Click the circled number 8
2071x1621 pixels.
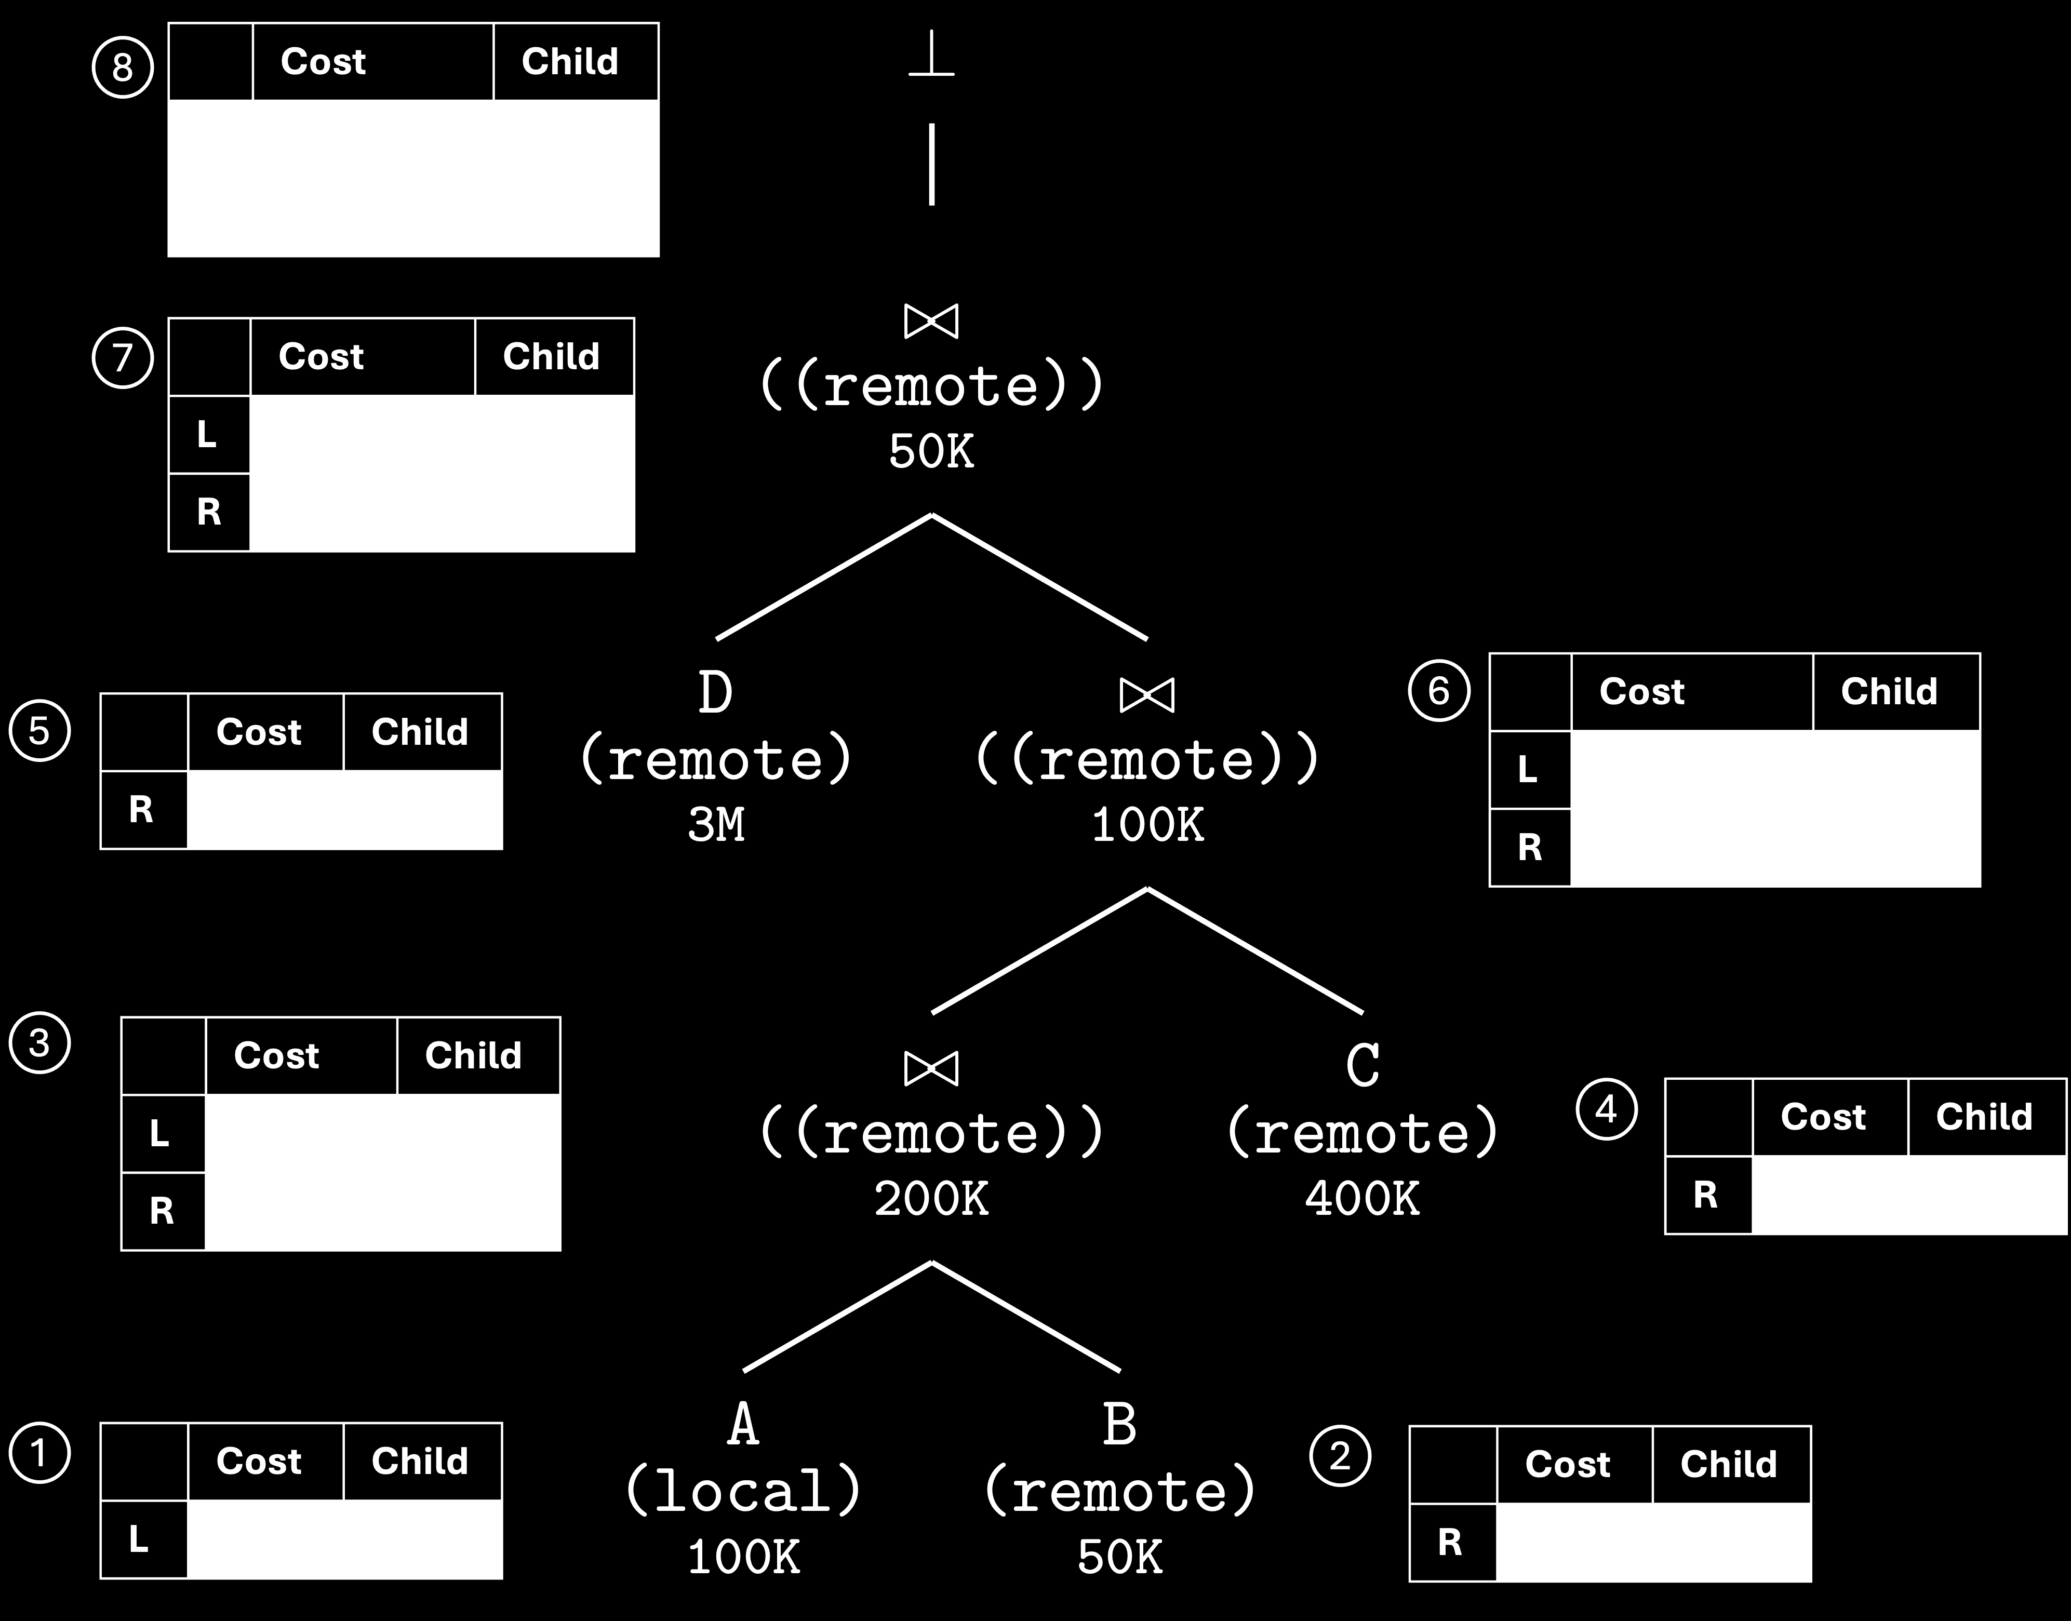123,68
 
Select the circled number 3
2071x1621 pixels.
39,1043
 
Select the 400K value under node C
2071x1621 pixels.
1363,1199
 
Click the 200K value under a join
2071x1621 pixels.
931,1199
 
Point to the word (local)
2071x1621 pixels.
743,1491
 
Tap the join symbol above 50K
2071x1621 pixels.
931,321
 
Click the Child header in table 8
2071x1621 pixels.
569,62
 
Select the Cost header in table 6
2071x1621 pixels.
1642,692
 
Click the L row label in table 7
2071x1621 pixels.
207,435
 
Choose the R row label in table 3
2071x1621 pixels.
162,1211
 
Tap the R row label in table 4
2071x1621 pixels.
1706,1195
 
